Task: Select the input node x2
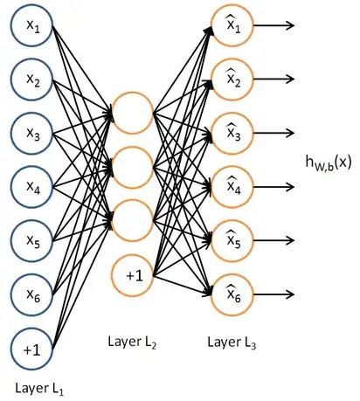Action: (x=32, y=81)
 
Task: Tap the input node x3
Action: (x=32, y=135)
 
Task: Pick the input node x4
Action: (x=32, y=188)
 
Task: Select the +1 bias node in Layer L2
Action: (x=134, y=275)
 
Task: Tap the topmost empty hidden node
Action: (x=134, y=114)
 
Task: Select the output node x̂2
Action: (x=233, y=80)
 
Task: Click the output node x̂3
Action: (x=233, y=134)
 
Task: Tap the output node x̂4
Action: (x=233, y=187)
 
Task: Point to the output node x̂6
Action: (x=233, y=294)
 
